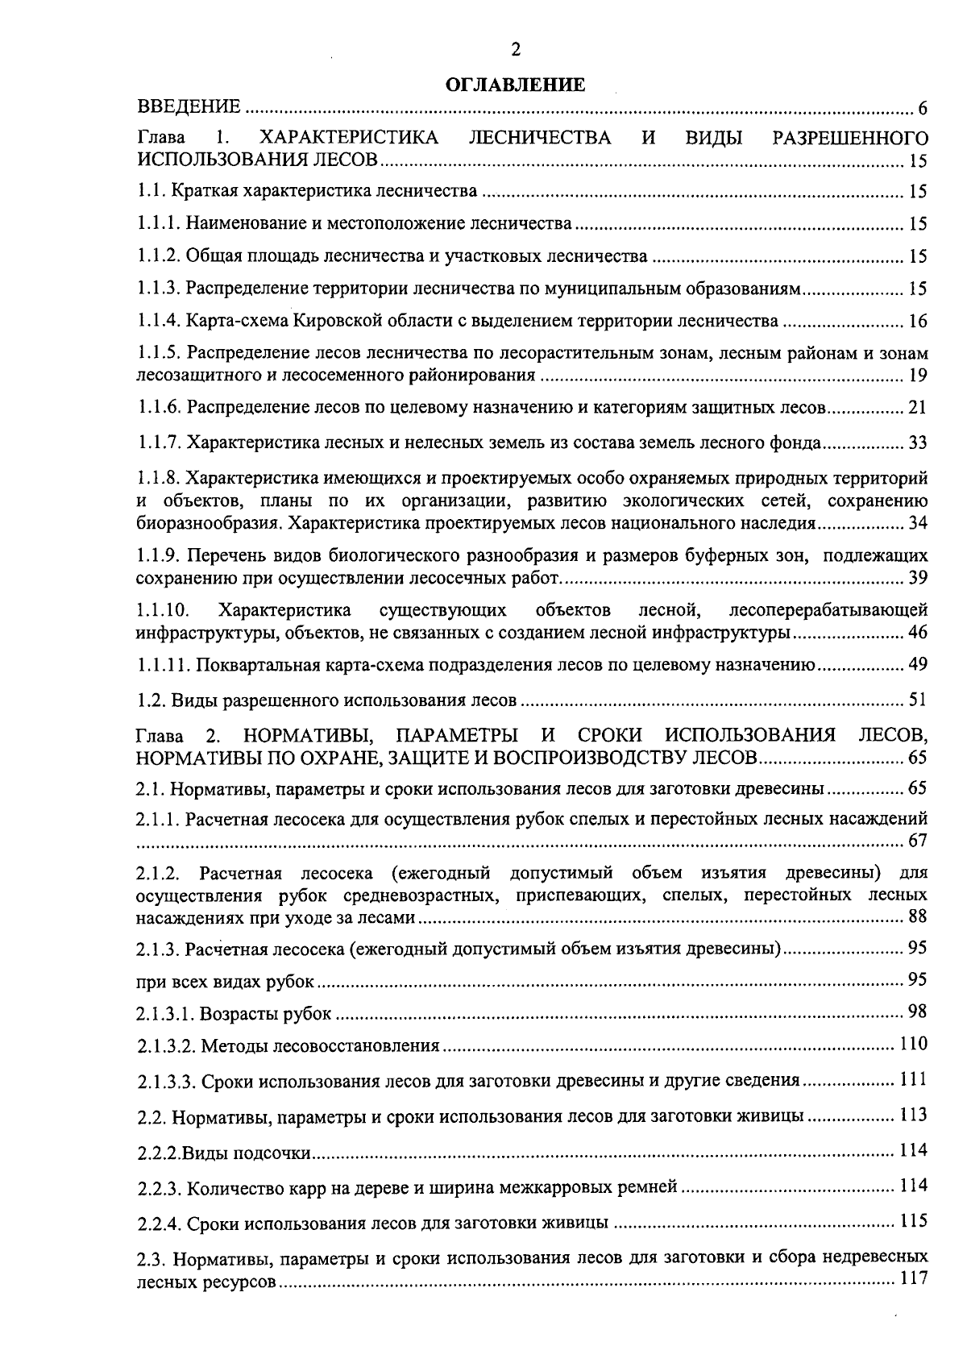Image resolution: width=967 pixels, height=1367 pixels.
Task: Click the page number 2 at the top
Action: (516, 50)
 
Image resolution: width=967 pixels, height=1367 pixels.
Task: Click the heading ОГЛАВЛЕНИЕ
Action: (516, 85)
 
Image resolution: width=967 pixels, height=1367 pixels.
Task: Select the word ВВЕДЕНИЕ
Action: (189, 107)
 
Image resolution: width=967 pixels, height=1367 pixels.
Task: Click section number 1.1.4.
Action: (158, 321)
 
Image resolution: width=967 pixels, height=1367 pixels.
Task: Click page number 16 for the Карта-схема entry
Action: (918, 322)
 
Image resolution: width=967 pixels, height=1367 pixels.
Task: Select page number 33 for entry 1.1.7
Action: (918, 443)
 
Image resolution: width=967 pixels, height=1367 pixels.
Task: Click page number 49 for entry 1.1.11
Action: (918, 664)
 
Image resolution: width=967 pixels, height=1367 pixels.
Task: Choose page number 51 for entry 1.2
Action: (918, 700)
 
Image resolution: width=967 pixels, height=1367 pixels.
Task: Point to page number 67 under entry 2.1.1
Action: (918, 841)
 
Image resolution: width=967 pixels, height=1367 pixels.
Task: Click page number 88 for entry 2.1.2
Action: (918, 916)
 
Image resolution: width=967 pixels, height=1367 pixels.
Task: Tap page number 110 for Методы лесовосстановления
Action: (914, 1044)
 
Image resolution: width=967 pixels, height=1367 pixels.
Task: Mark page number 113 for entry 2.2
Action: (914, 1116)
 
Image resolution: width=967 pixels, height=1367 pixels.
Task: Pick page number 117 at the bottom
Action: (914, 1279)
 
